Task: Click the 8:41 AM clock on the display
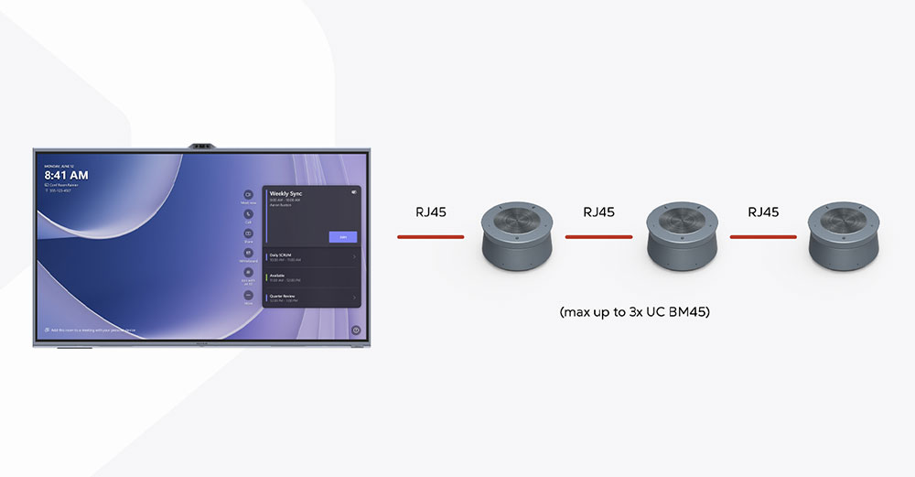point(66,175)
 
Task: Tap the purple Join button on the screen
point(343,236)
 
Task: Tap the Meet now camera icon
point(248,195)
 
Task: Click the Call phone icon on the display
point(248,214)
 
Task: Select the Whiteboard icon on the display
point(248,253)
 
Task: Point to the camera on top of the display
point(202,145)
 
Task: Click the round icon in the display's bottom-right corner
point(356,331)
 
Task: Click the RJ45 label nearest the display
point(430,212)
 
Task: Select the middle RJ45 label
point(598,212)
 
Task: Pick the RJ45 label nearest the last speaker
point(763,212)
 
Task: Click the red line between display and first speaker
point(430,237)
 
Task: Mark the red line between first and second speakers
point(598,237)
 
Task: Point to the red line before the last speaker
point(763,237)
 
